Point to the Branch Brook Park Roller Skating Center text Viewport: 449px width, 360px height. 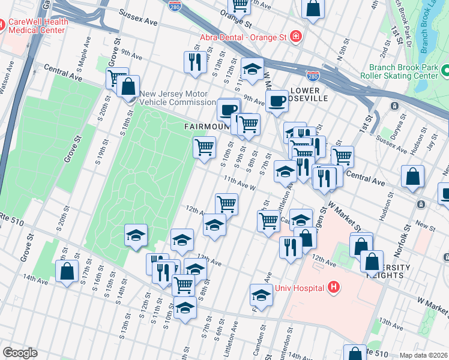coord(403,72)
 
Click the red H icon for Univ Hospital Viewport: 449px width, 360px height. coord(334,288)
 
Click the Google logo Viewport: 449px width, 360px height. coord(20,353)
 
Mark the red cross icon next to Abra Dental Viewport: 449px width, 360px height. coord(295,37)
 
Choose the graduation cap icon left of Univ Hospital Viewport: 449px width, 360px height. coord(261,295)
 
